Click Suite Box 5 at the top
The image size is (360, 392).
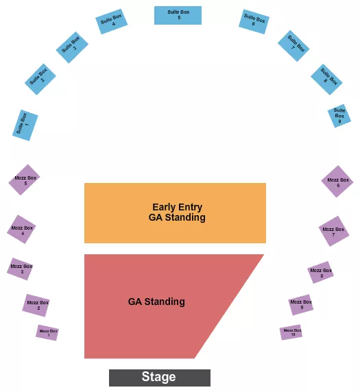click(x=178, y=15)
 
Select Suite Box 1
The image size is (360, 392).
click(x=25, y=125)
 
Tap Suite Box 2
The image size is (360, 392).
click(x=40, y=79)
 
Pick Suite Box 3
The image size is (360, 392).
click(x=72, y=47)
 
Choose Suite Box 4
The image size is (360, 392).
click(x=110, y=22)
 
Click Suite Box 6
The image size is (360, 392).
click(x=254, y=21)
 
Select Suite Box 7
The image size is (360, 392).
click(x=294, y=45)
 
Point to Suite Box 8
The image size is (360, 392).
click(x=326, y=79)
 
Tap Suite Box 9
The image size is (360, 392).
click(x=339, y=116)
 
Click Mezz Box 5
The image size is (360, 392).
click(x=24, y=180)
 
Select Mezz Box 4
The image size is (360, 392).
click(x=21, y=230)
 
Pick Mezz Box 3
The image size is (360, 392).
click(x=21, y=269)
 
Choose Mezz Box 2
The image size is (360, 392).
click(x=36, y=305)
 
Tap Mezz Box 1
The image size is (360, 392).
click(x=47, y=333)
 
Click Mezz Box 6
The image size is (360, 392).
click(x=337, y=182)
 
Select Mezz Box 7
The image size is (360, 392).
click(x=334, y=232)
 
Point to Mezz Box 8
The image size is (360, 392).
click(x=320, y=272)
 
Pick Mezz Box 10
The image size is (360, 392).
click(x=291, y=332)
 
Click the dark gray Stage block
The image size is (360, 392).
click(x=159, y=378)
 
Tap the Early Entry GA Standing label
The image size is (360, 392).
click(x=176, y=212)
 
